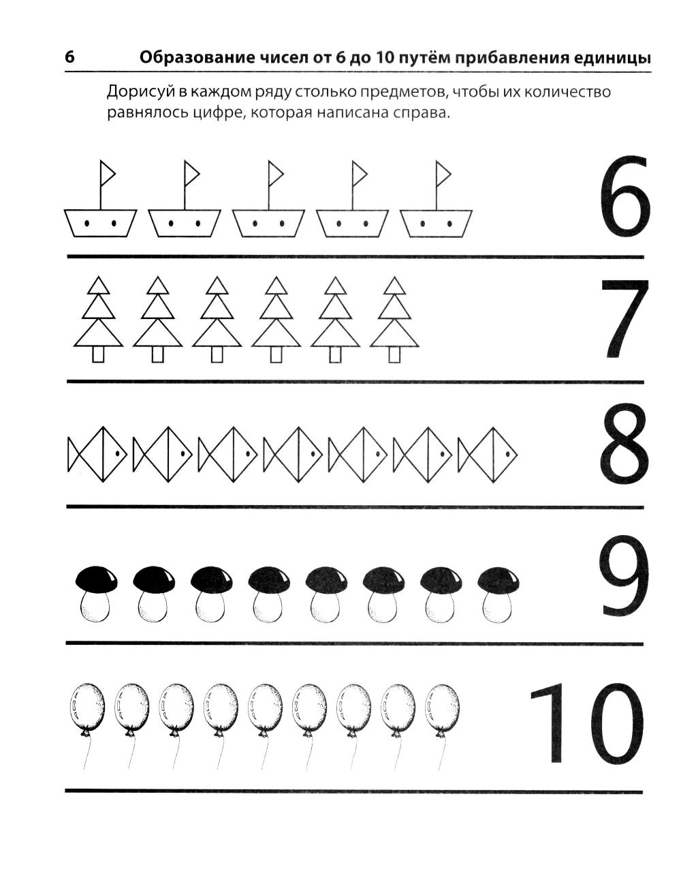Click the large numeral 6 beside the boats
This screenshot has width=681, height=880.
624,197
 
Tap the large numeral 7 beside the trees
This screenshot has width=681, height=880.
624,318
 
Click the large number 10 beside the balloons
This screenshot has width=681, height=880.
586,722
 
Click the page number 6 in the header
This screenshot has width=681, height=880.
69,57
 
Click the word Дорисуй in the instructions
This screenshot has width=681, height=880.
138,92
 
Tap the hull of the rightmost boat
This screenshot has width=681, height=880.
436,223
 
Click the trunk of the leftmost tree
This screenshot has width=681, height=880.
98,354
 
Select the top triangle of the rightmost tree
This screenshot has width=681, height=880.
394,285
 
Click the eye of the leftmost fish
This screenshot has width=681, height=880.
117,453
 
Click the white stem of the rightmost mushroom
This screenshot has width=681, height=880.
497,606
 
